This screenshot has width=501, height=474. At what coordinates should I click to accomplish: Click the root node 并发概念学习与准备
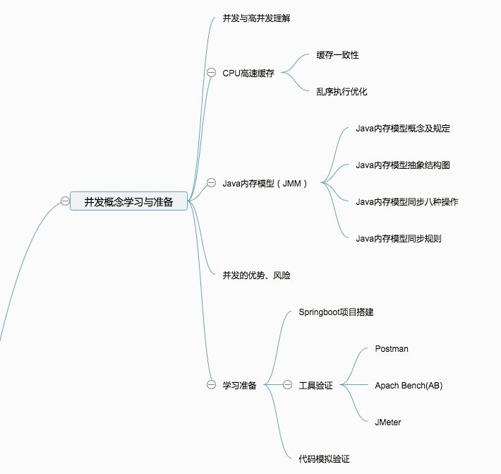coord(128,201)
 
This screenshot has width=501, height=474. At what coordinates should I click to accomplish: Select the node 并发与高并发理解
coord(256,18)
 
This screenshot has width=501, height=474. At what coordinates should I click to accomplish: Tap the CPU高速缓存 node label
coord(248,73)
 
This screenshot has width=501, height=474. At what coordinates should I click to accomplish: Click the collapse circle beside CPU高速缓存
coord(211,73)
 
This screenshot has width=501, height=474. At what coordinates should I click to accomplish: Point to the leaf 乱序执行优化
coord(342,91)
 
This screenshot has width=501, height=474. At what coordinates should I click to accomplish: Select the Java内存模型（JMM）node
coord(265,183)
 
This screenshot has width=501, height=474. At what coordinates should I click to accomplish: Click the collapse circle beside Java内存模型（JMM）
coord(211,183)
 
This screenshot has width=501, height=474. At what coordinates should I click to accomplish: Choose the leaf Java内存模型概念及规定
coord(403,128)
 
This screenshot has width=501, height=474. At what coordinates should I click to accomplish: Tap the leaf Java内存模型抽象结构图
coord(403,165)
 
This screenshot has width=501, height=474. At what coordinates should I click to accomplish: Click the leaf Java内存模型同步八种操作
coord(407,201)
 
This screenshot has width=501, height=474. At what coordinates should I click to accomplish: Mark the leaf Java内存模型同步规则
coord(399,238)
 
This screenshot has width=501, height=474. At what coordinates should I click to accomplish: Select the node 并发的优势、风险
coord(256,275)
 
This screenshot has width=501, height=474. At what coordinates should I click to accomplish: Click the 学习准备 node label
coord(239,385)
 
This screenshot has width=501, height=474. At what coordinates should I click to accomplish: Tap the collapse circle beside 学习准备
coord(211,385)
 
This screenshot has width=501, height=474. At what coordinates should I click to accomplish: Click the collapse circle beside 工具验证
coord(287,385)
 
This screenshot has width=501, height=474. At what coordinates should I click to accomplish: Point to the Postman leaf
coord(392,348)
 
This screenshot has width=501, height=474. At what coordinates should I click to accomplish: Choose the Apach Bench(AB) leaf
coord(409,385)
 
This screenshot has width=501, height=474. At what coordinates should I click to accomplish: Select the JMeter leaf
coord(388,422)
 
